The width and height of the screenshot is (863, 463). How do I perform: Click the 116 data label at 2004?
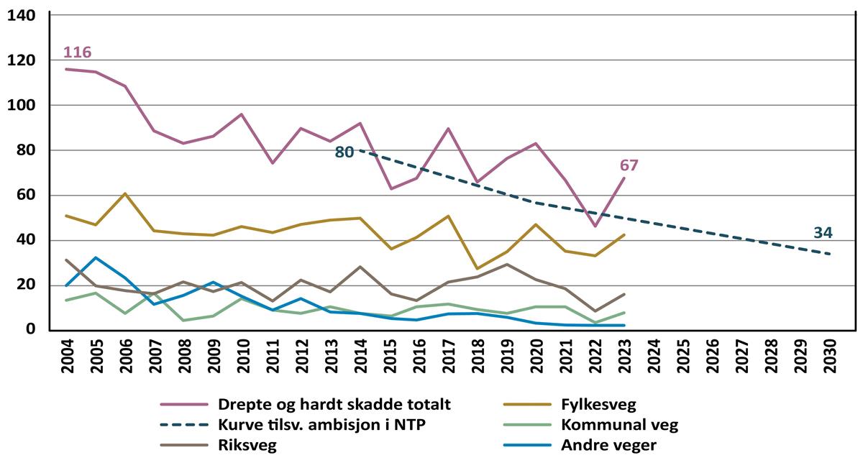77,52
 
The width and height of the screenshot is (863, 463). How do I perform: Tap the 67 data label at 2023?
629,165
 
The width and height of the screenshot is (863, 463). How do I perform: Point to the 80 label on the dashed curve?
344,152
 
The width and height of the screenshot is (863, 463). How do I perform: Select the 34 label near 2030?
823,232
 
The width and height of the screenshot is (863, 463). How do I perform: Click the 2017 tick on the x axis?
449,354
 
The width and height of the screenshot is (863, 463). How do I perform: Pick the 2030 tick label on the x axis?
830,354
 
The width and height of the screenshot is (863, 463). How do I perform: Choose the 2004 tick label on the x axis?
67,354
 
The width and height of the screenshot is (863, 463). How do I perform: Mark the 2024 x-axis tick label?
654,354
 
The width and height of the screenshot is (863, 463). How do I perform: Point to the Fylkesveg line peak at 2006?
125,193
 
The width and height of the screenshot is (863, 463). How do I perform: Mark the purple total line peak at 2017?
449,129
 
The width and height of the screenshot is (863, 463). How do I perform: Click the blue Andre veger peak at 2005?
96,257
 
